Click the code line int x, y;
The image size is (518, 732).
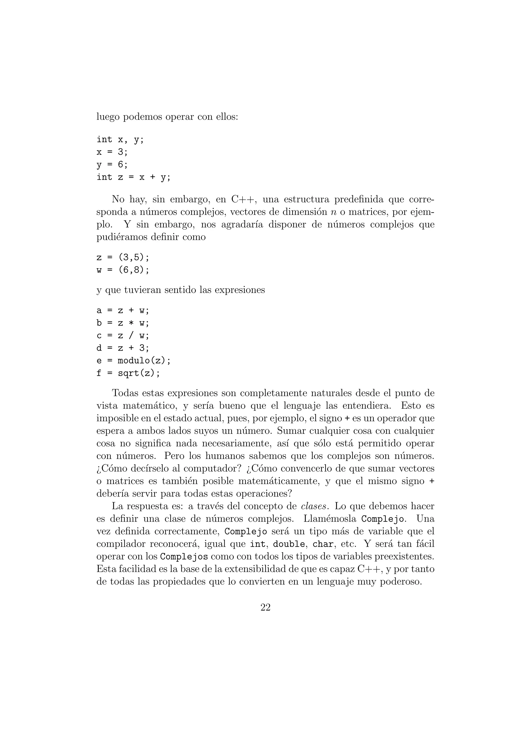click(x=120, y=140)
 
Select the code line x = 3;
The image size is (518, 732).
click(x=112, y=152)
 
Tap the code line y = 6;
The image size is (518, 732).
click(x=112, y=165)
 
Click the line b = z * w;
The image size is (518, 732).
click(x=123, y=323)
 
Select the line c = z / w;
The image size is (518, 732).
click(x=123, y=336)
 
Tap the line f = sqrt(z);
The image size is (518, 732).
click(x=128, y=373)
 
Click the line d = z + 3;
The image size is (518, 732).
click(x=123, y=348)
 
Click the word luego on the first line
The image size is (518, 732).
click(x=108, y=117)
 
